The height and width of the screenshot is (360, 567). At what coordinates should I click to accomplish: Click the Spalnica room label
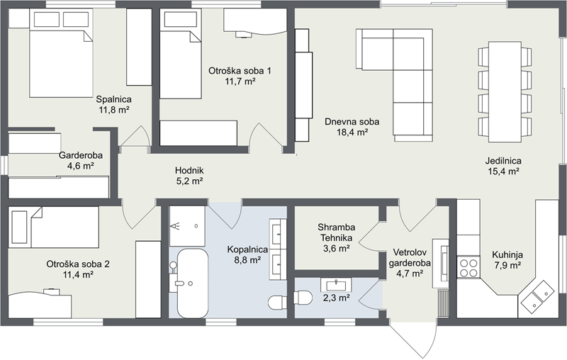[x=113, y=99]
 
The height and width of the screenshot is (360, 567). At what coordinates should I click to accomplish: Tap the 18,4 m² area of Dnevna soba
[x=352, y=133]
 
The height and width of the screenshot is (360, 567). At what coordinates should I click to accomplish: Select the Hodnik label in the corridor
[x=189, y=170]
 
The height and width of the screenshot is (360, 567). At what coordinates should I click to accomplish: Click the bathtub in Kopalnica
[x=192, y=283]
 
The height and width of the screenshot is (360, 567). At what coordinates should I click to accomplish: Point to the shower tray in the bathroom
[x=187, y=226]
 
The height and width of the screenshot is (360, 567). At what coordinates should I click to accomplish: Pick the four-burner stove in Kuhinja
[x=468, y=267]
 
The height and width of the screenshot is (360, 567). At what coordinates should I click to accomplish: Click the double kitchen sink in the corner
[x=537, y=296]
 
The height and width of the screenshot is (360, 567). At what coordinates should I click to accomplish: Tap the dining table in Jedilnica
[x=505, y=92]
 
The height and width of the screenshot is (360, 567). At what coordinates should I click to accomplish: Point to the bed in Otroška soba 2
[x=54, y=227]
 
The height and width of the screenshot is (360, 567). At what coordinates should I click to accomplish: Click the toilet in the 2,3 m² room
[x=303, y=298]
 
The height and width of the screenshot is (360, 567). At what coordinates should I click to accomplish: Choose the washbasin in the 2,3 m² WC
[x=336, y=285]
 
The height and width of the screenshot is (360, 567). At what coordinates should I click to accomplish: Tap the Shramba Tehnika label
[x=336, y=232]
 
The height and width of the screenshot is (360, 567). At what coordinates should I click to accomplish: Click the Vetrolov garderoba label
[x=410, y=257]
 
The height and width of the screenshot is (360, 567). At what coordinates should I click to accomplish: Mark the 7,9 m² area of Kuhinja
[x=507, y=266]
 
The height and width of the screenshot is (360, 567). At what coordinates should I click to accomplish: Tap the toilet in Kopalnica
[x=278, y=303]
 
